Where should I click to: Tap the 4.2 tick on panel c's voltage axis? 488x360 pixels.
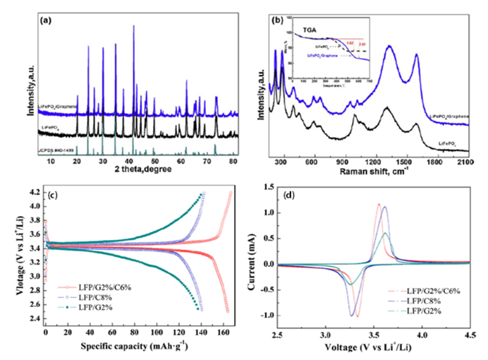(33, 192)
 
